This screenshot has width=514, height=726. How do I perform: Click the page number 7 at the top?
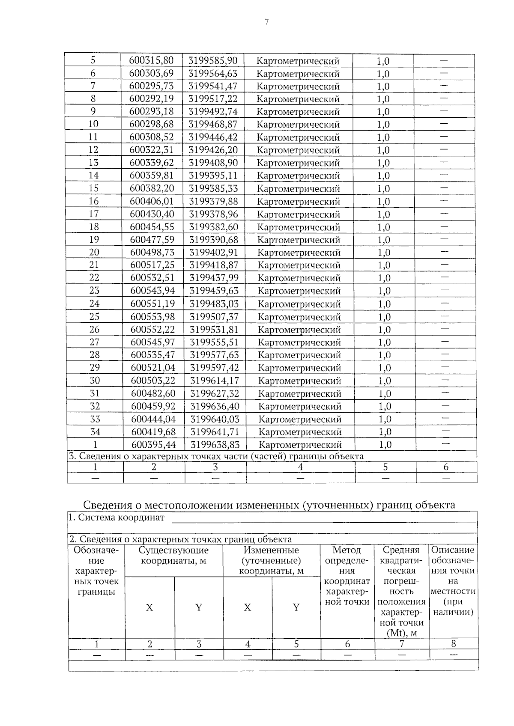tap(266, 22)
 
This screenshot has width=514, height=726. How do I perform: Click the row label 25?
tap(94, 317)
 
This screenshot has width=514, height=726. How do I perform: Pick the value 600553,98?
tap(152, 317)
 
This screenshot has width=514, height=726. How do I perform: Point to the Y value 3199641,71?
tap(215, 431)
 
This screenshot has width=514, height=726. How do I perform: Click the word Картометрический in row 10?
tap(298, 125)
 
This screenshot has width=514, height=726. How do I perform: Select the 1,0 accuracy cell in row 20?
tap(384, 253)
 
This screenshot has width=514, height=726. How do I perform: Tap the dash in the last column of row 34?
tap(445, 431)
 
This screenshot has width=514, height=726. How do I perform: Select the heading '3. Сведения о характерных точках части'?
tap(216, 456)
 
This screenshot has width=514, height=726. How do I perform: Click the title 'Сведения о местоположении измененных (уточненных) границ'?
tap(269, 505)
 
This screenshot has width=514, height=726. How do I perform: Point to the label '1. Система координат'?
tap(117, 518)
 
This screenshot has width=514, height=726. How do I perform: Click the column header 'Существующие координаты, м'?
tap(173, 555)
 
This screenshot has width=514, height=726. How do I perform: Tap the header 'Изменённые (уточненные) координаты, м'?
tap(271, 560)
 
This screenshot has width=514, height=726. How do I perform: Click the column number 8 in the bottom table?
tap(454, 643)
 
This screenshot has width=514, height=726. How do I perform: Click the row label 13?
tap(93, 163)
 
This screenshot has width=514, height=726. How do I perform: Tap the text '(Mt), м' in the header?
tap(402, 633)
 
